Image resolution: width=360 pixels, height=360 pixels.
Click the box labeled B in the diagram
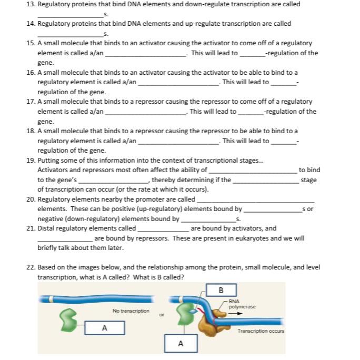pos(221,290)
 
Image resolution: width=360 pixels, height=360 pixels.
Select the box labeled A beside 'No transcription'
pos(105,328)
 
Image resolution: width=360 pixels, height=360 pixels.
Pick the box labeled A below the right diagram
pos(181,344)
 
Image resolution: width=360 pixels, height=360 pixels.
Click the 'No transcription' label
pos(131,311)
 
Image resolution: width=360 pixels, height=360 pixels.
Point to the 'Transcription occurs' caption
pos(261,331)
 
